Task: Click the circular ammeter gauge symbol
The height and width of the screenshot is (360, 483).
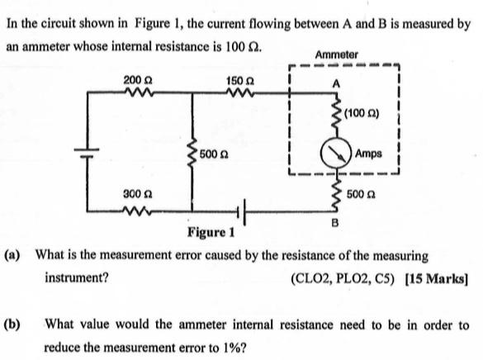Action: coord(335,154)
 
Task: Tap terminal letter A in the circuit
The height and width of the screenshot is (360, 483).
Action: coord(336,82)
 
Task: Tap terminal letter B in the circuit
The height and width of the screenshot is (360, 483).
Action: coord(334,220)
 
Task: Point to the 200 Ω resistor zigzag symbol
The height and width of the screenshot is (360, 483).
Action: coord(131,92)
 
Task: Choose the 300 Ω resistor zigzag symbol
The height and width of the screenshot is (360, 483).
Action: coord(131,203)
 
